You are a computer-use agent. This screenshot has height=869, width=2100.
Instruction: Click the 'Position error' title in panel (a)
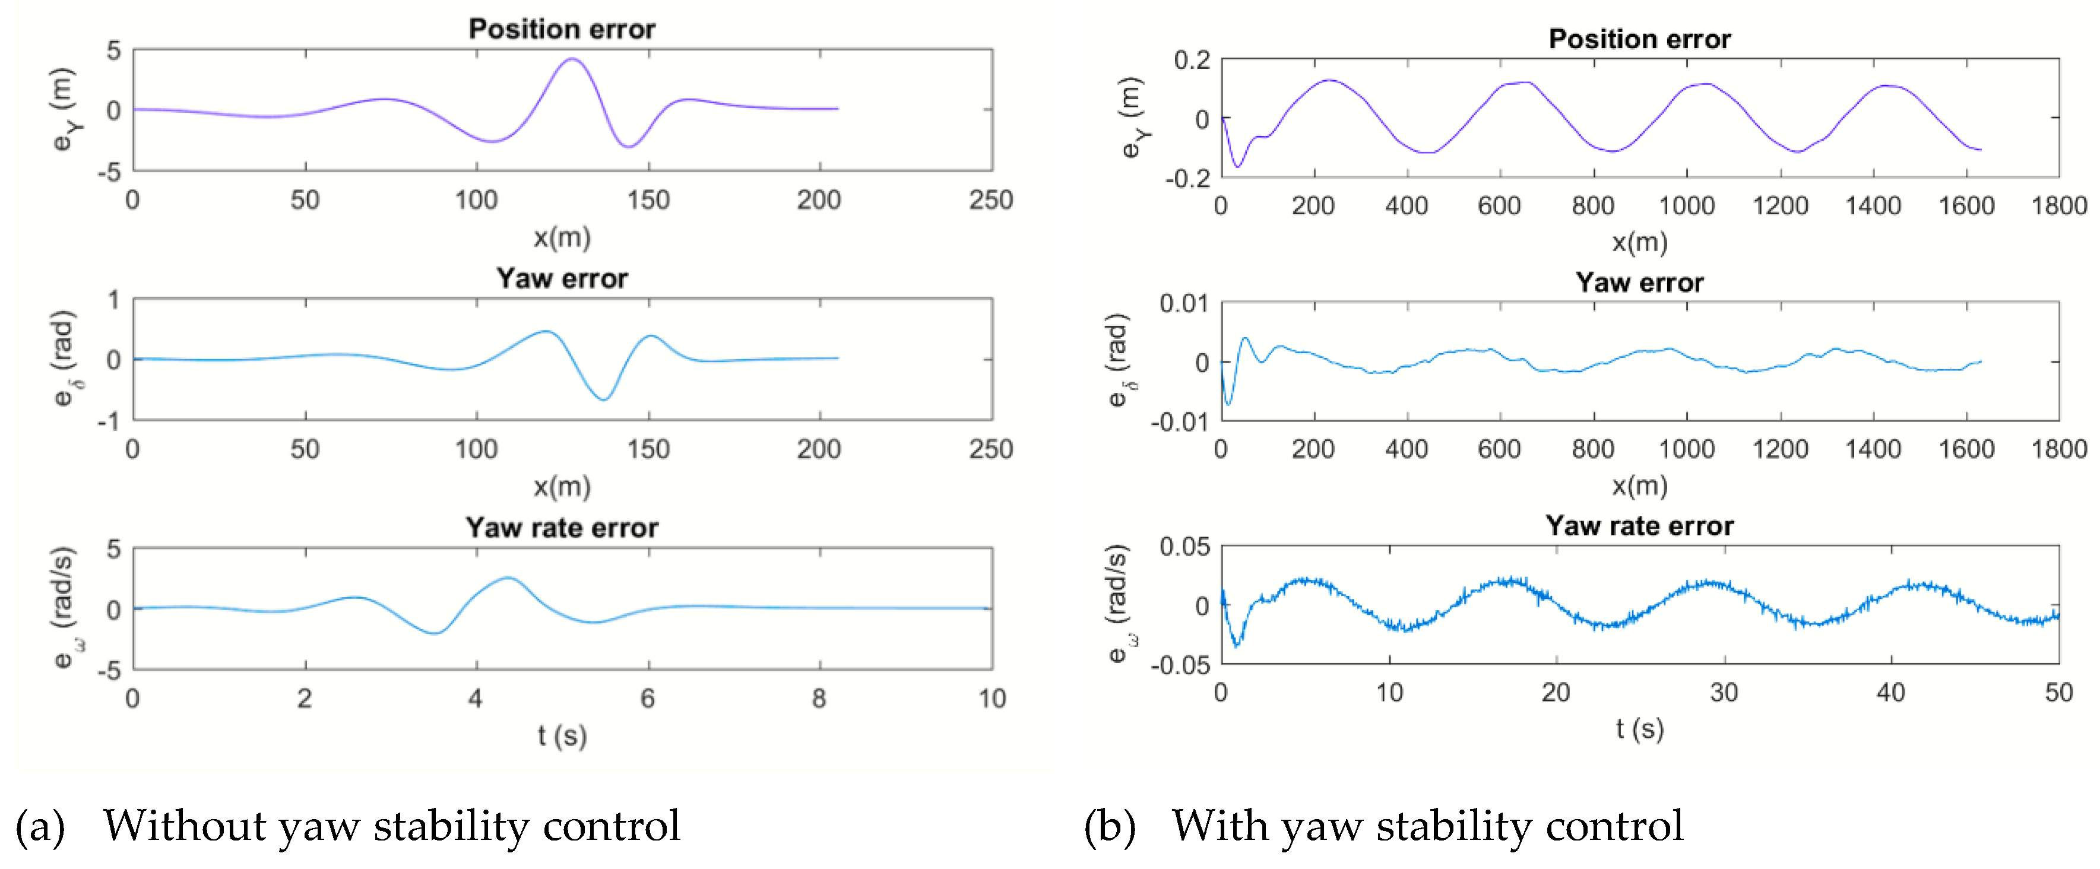pyautogui.click(x=561, y=29)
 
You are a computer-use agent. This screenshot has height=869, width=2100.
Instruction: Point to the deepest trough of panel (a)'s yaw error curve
pyautogui.click(x=603, y=399)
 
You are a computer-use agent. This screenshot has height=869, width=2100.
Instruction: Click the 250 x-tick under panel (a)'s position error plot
pyautogui.click(x=990, y=199)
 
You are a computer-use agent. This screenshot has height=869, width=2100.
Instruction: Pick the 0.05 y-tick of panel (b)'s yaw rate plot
pyautogui.click(x=1184, y=546)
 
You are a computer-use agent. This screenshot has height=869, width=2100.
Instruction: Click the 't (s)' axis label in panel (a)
pyautogui.click(x=562, y=735)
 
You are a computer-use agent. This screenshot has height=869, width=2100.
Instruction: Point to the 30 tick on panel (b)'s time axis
pyautogui.click(x=1724, y=692)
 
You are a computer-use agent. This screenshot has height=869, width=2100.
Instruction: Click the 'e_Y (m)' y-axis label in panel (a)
pyautogui.click(x=64, y=109)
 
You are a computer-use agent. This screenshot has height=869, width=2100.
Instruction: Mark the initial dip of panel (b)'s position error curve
pyautogui.click(x=1237, y=166)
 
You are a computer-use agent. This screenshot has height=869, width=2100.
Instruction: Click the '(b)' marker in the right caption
pyautogui.click(x=1110, y=826)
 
